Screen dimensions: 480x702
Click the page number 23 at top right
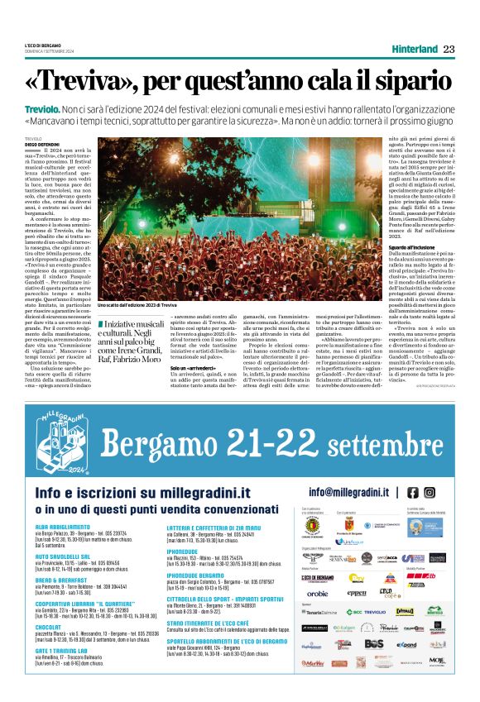(449, 49)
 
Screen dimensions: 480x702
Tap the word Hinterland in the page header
(413, 49)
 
